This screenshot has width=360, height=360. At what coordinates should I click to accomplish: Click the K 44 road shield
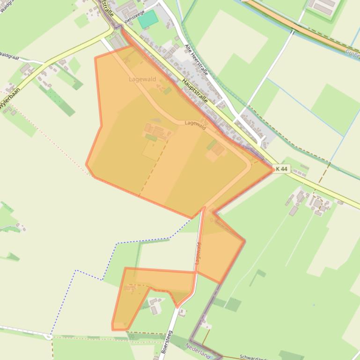[281, 169]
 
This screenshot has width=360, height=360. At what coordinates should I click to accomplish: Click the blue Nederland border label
[198, 350]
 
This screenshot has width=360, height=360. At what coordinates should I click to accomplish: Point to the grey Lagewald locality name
[142, 79]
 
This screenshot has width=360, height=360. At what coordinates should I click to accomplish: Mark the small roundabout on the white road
[48, 336]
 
